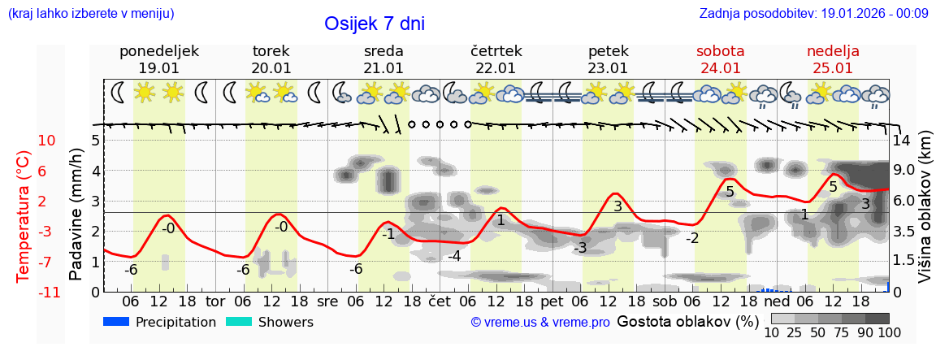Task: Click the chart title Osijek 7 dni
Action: point(374,24)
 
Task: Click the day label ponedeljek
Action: point(159,51)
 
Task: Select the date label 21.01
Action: point(383,68)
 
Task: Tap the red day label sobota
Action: point(720,51)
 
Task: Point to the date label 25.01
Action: point(833,68)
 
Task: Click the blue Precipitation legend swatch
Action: point(117,322)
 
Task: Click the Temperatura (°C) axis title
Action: point(24,216)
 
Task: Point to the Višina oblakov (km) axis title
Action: point(925,208)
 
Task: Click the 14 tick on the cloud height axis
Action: point(902,141)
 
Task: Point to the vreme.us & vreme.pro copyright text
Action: point(540,323)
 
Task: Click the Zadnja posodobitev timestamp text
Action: point(813,14)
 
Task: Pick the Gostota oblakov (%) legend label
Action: point(687,321)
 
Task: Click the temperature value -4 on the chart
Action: point(455,257)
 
